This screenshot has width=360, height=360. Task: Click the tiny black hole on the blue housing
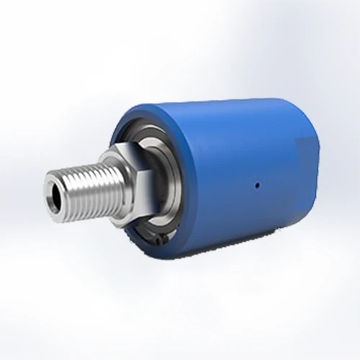coord(257,184)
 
